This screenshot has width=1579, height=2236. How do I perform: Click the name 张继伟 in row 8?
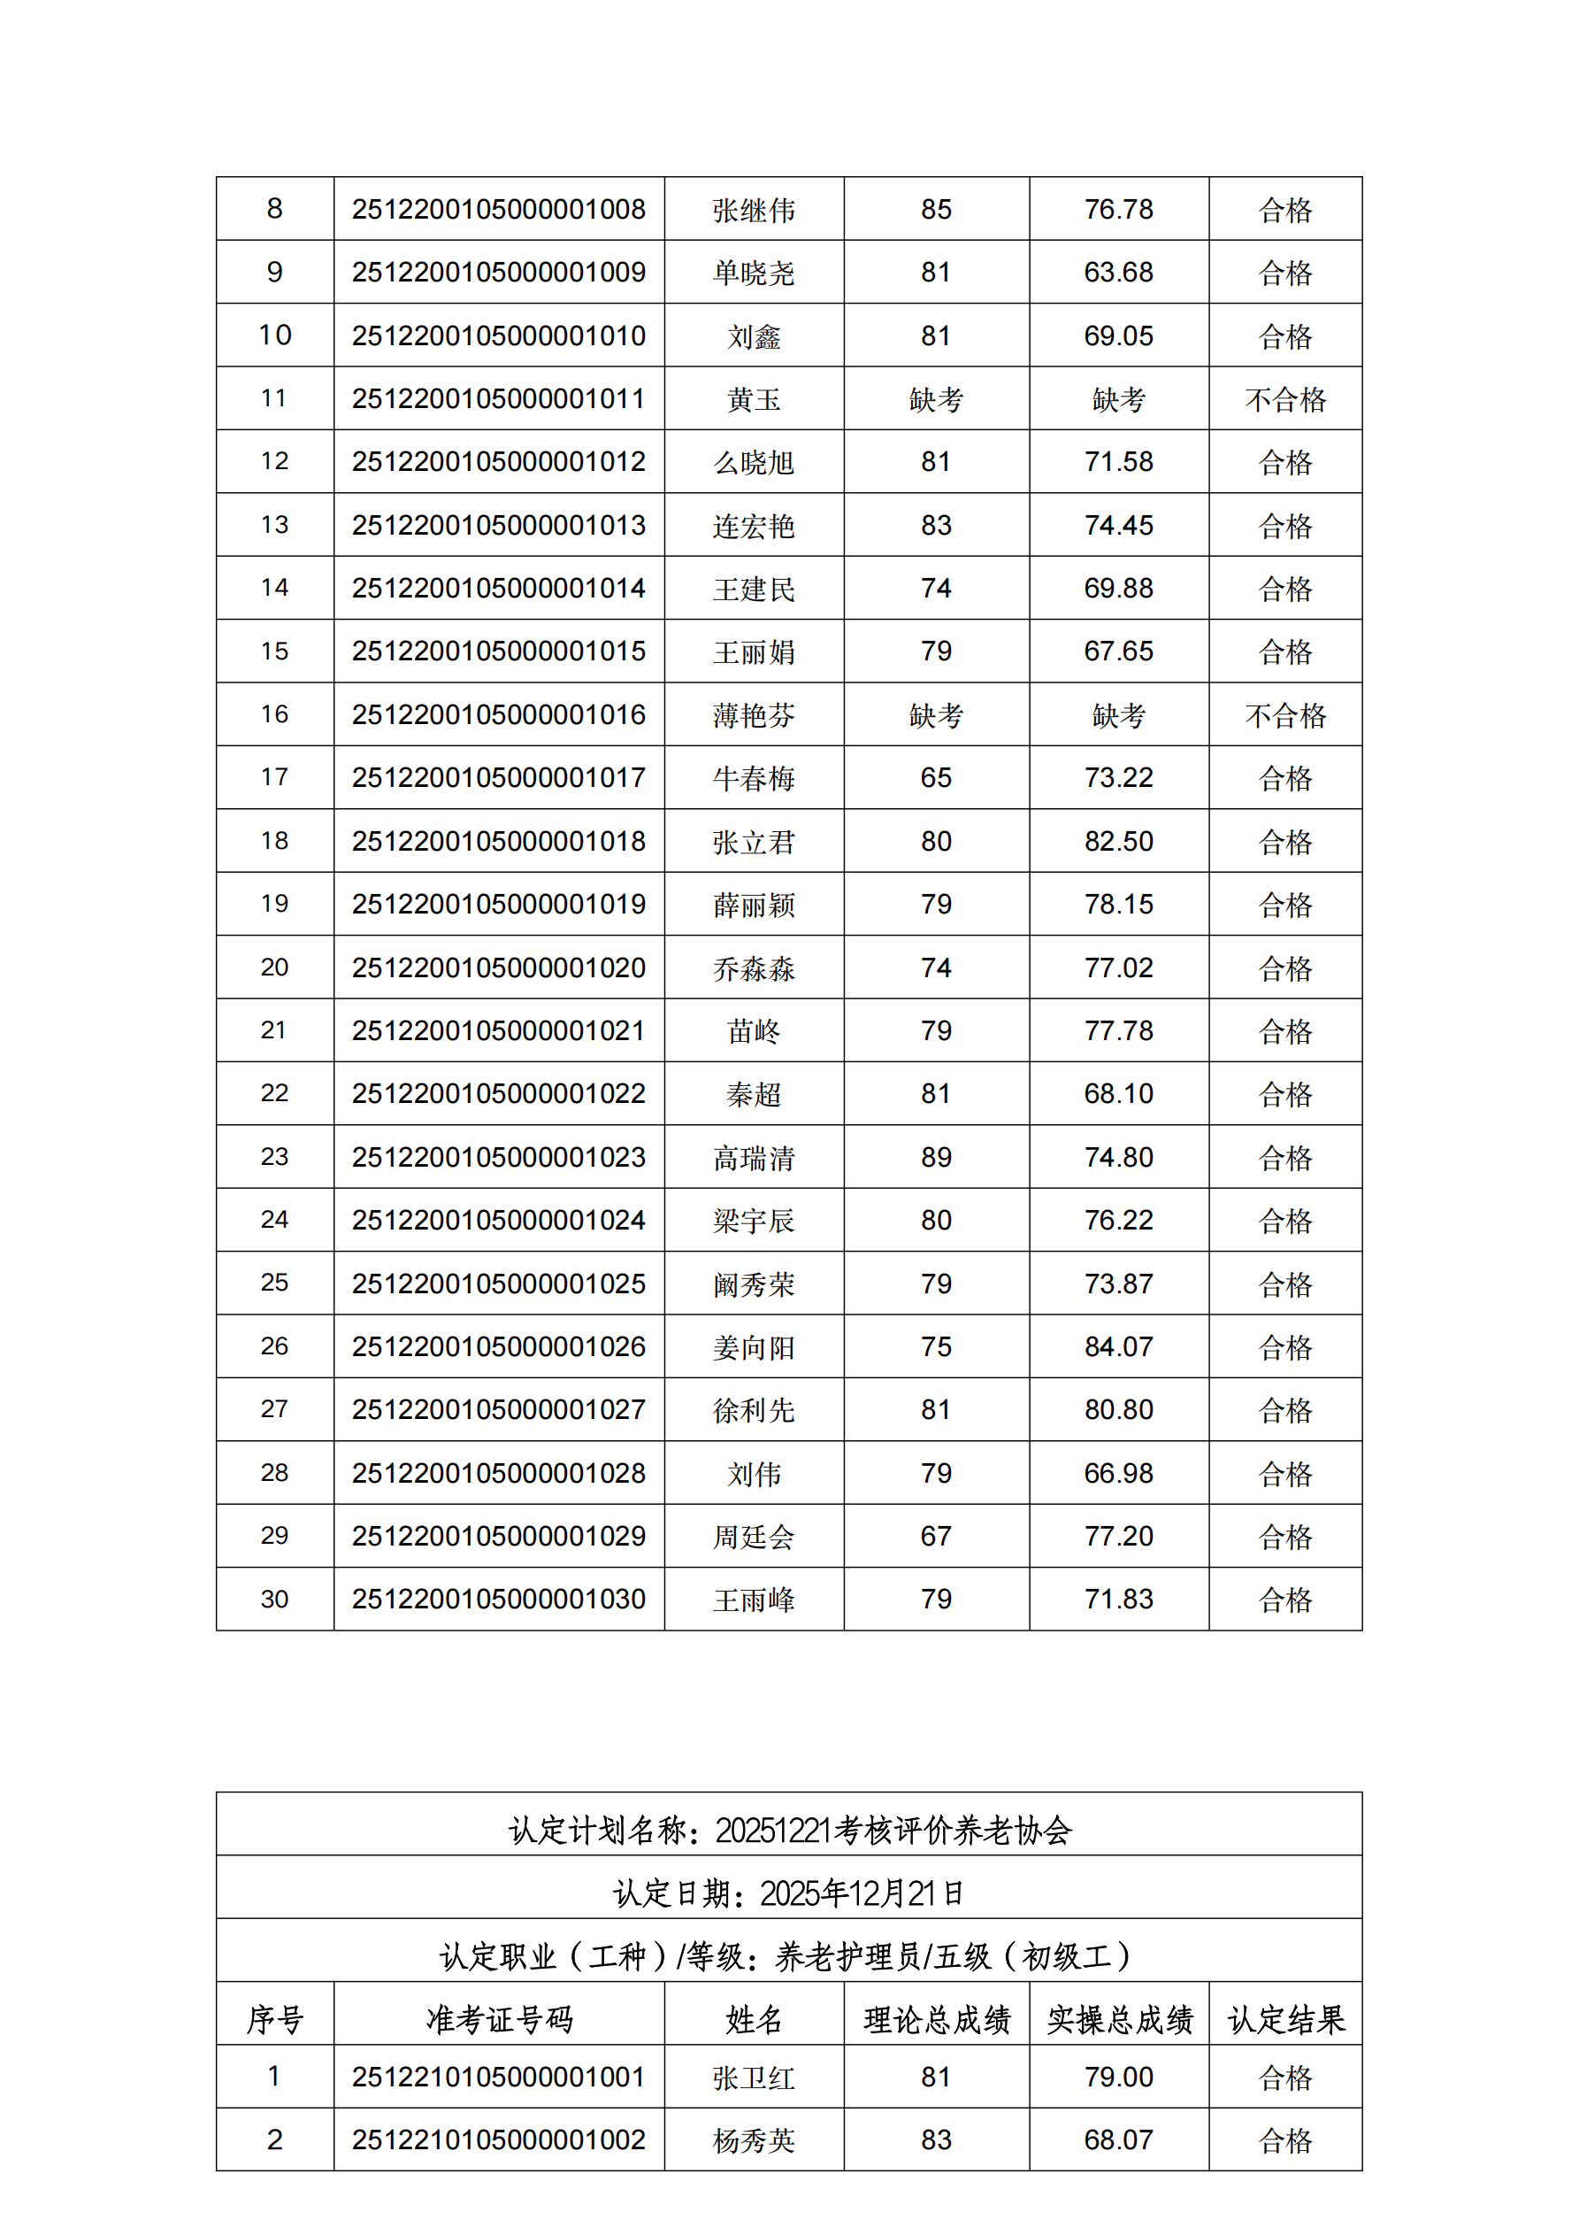point(754,210)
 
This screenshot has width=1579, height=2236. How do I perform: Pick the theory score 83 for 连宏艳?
point(936,525)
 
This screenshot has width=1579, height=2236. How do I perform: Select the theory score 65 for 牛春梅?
point(936,777)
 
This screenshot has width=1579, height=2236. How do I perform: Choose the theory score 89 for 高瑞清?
point(936,1157)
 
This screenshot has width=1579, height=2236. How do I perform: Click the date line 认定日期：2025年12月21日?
point(788,1893)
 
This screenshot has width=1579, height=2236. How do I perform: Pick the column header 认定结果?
point(1285,2020)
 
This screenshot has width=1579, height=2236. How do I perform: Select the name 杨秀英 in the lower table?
point(754,2140)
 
